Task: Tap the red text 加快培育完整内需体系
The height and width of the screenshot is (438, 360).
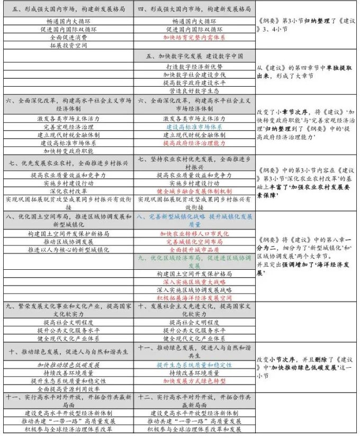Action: coord(195,38)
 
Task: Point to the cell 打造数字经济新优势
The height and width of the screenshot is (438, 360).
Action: coord(195,67)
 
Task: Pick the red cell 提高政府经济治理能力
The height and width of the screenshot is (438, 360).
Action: coord(195,143)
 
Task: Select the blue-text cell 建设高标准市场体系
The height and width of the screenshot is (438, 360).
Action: coord(195,127)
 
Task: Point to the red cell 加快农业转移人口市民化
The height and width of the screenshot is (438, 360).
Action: coord(195,233)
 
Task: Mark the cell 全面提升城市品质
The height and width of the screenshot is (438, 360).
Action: coord(195,249)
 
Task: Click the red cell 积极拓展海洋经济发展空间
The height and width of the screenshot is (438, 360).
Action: coord(195,298)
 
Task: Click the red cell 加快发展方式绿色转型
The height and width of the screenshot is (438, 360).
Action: coord(195,381)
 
